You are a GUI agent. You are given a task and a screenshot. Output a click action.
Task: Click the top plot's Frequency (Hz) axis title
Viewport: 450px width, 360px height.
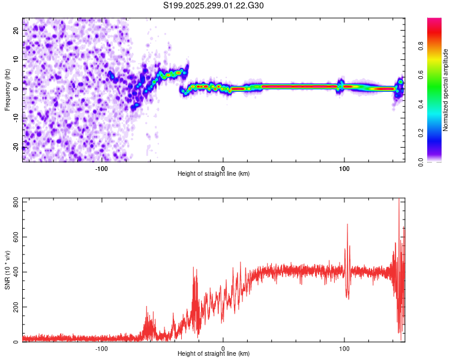pos(7,89)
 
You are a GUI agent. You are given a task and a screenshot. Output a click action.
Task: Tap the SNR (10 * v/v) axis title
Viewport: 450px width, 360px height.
pos(7,270)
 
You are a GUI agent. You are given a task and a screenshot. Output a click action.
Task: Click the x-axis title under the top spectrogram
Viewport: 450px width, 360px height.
pos(214,173)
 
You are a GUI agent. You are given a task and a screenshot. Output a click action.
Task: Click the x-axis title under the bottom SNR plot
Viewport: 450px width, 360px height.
pos(214,353)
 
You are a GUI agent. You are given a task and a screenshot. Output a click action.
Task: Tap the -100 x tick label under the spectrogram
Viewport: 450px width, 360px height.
pos(101,167)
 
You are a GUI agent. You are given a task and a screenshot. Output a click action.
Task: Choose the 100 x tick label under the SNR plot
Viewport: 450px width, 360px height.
pos(344,347)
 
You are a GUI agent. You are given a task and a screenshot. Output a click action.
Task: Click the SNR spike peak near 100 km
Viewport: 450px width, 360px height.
pos(347,224)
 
